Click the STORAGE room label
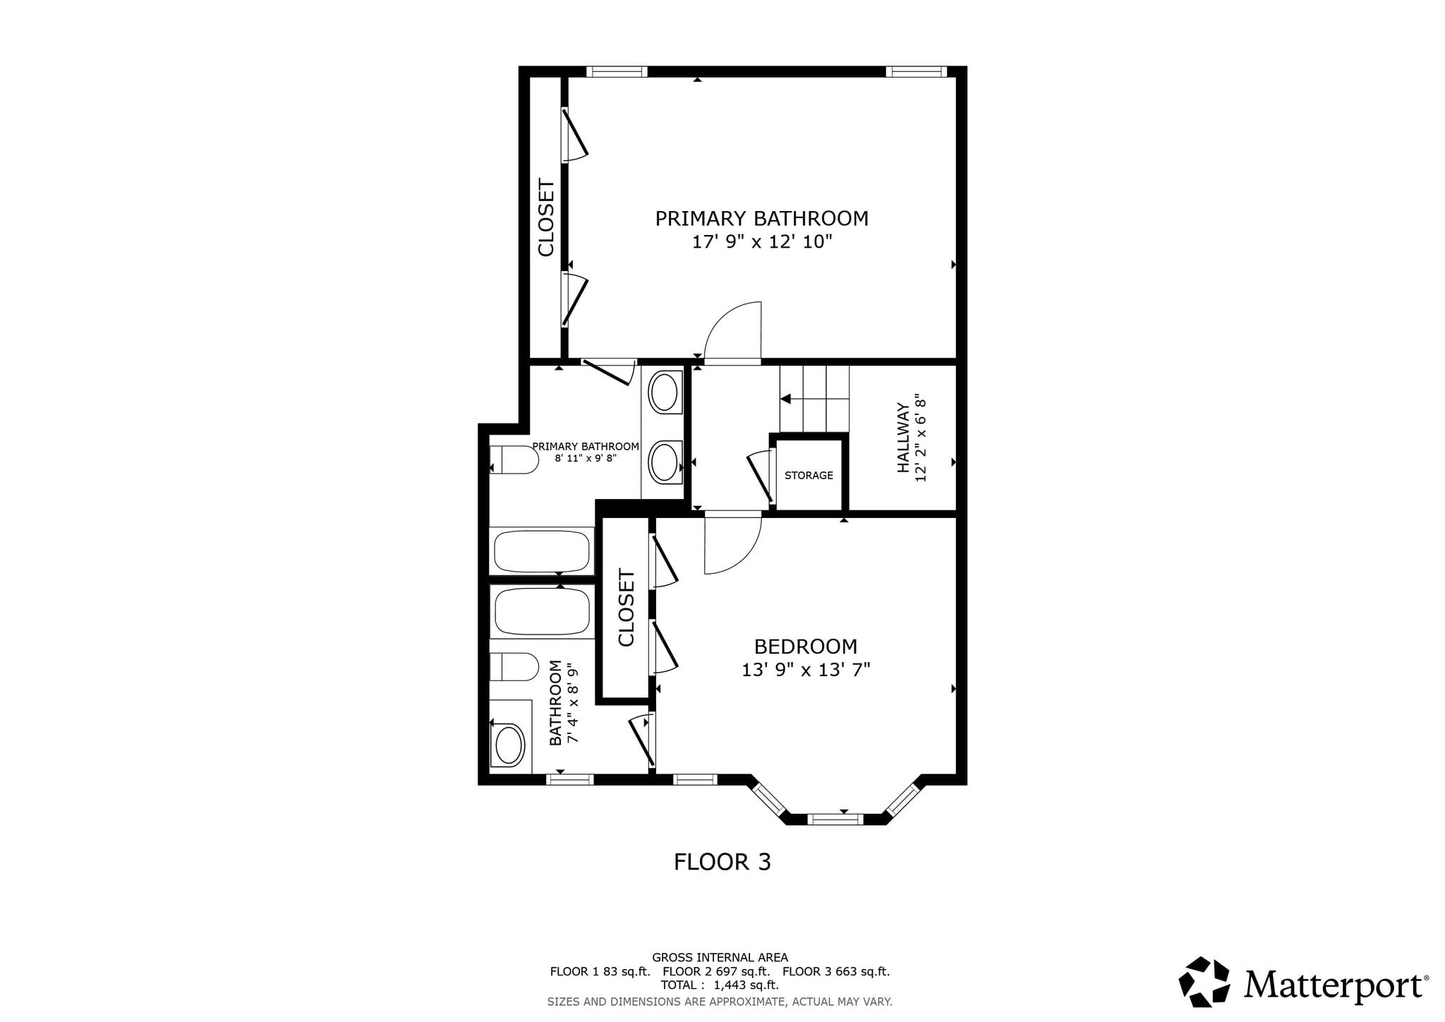(809, 476)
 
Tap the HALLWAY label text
(902, 438)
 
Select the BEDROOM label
(806, 647)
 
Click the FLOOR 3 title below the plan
(722, 862)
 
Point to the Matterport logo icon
(1204, 981)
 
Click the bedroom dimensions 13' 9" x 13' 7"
(806, 669)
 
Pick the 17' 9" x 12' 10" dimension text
(762, 242)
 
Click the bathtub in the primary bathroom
(542, 551)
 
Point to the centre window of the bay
(835, 819)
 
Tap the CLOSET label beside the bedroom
(627, 608)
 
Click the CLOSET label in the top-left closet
(546, 218)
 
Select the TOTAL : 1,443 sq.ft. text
(720, 985)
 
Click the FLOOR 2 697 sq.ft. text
(716, 971)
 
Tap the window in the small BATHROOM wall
(570, 779)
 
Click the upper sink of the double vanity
(664, 392)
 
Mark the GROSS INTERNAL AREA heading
(720, 958)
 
